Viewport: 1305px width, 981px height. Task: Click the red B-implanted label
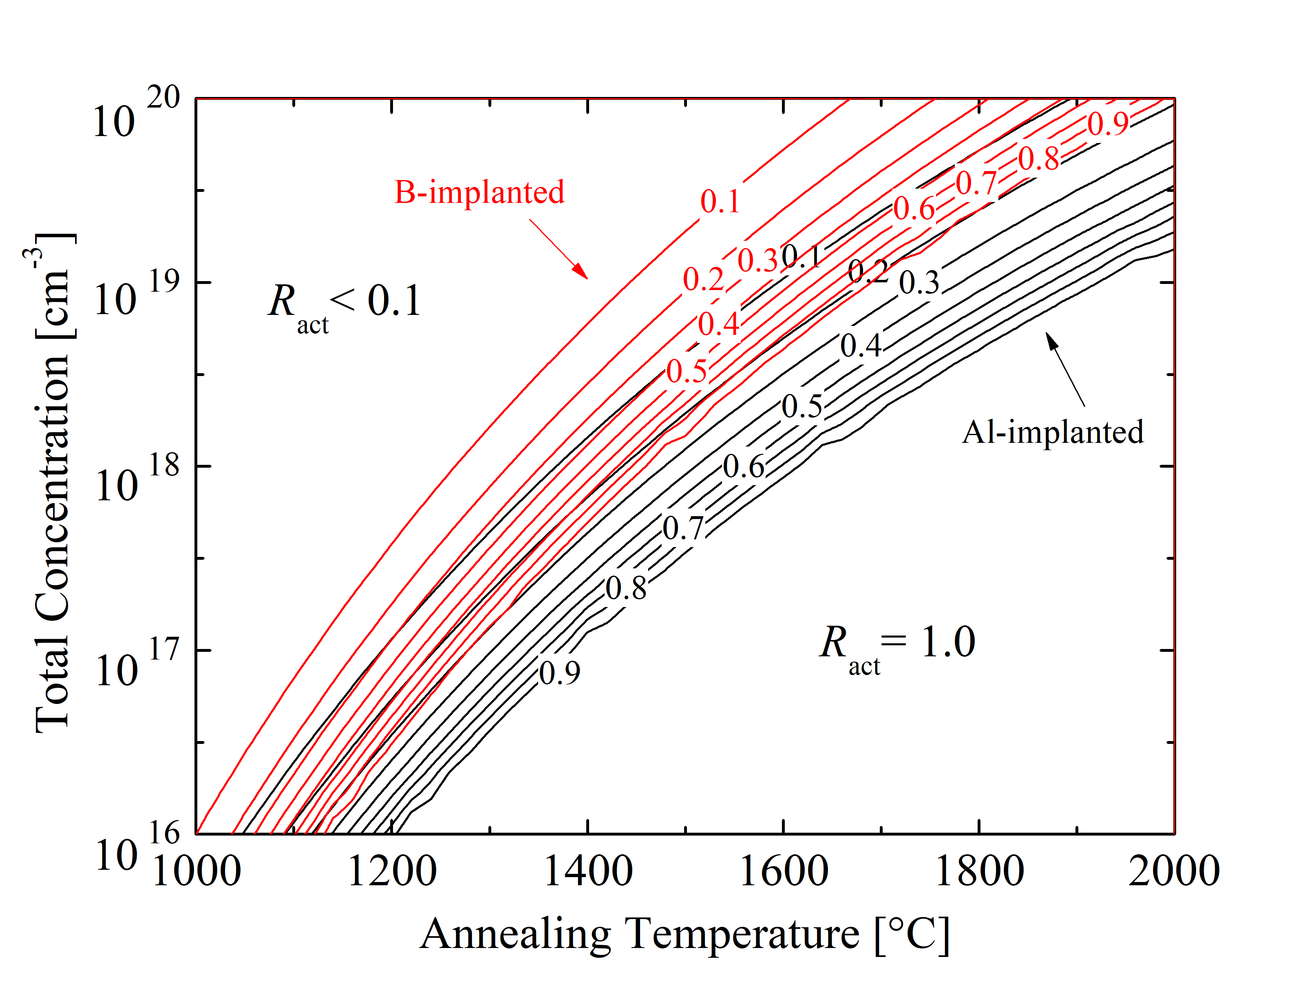click(479, 192)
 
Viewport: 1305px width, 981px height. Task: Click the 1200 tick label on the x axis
click(392, 871)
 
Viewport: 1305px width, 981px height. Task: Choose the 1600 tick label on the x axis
click(784, 871)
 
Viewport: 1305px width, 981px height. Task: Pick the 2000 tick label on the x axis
click(1174, 871)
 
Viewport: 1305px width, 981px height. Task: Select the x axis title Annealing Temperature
click(685, 935)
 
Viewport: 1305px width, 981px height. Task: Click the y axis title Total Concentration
click(53, 484)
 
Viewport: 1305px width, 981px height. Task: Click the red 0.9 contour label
click(1108, 124)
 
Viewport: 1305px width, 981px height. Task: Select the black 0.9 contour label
click(559, 673)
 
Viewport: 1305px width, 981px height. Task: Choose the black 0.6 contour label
click(744, 467)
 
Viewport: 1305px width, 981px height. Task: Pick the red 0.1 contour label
click(720, 202)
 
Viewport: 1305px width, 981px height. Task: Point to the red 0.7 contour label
click(976, 183)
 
